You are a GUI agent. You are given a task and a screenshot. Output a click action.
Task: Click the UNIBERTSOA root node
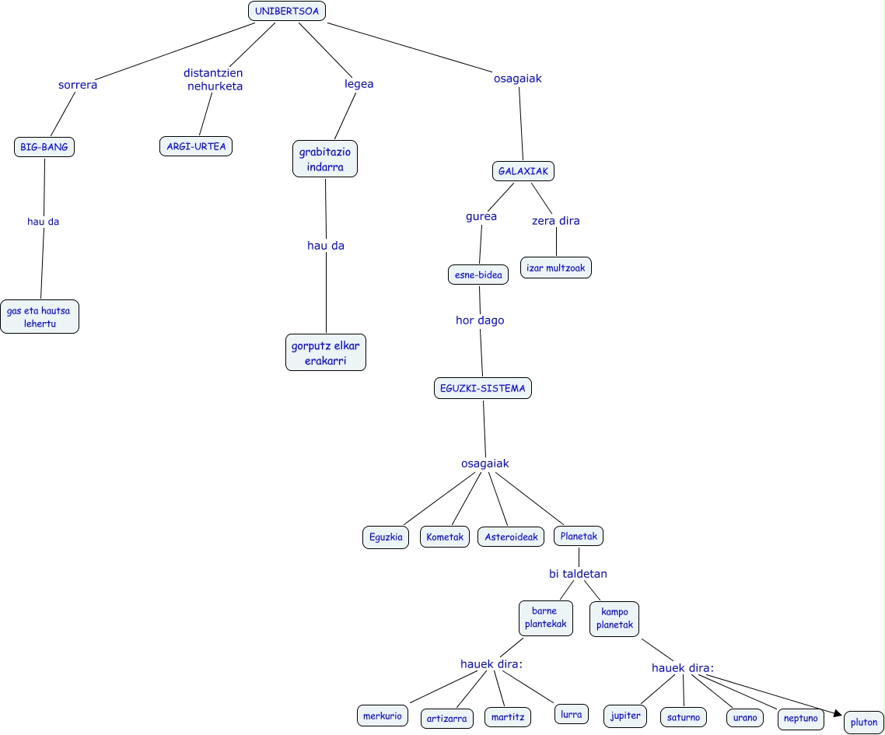click(x=286, y=11)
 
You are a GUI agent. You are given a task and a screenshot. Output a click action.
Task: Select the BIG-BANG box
click(x=44, y=147)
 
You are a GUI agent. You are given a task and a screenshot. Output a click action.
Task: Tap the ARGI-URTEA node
click(x=196, y=146)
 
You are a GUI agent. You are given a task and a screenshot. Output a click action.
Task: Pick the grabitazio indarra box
click(x=325, y=159)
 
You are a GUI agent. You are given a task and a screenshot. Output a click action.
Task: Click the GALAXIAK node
click(x=523, y=171)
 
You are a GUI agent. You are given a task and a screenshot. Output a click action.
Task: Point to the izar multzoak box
click(x=555, y=268)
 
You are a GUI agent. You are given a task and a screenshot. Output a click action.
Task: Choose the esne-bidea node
click(x=478, y=275)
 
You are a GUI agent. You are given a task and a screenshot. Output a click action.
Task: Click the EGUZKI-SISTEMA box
click(x=482, y=388)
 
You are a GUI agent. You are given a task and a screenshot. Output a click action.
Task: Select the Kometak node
click(x=446, y=537)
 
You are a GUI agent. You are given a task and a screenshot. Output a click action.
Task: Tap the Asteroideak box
click(x=511, y=537)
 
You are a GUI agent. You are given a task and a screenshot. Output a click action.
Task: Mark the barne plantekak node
click(x=545, y=618)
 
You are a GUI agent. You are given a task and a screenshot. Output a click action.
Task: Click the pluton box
click(x=864, y=723)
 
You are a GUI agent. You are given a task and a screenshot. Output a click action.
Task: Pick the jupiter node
click(x=624, y=716)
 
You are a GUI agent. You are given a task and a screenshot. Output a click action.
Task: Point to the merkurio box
click(x=383, y=716)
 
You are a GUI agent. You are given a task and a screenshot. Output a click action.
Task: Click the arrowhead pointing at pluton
click(x=838, y=712)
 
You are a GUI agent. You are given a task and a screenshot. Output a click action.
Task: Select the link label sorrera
click(x=78, y=85)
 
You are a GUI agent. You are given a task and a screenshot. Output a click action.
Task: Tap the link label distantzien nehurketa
click(x=214, y=79)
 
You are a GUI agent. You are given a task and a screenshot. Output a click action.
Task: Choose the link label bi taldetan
click(x=578, y=574)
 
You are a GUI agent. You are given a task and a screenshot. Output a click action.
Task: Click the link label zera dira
click(x=555, y=220)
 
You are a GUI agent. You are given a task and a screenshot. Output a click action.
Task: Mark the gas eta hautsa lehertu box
click(x=39, y=317)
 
